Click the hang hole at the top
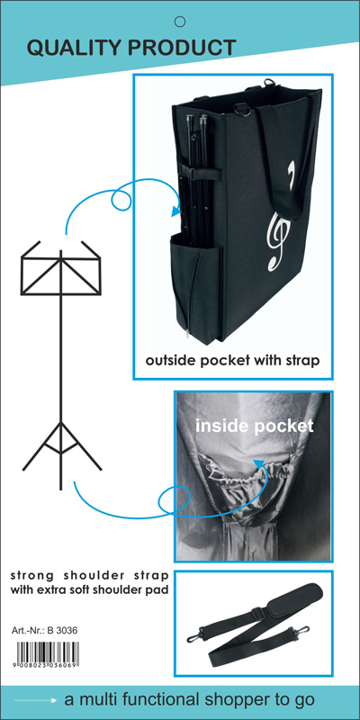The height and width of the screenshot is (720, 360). pos(180,21)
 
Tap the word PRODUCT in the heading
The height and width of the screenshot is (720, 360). pos(183,48)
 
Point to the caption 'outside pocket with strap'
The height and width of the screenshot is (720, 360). pos(232,361)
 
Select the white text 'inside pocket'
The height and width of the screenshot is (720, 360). pos(255,426)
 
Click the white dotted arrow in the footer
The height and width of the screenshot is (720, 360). pos(35,700)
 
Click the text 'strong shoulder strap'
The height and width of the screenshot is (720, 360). pos(89,576)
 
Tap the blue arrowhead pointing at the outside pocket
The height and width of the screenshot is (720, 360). pos(175,211)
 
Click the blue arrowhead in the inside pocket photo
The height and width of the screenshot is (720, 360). pos(258,463)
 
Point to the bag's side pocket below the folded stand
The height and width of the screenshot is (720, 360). pos(196,288)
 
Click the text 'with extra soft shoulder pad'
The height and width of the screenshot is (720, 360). pos(89,590)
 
